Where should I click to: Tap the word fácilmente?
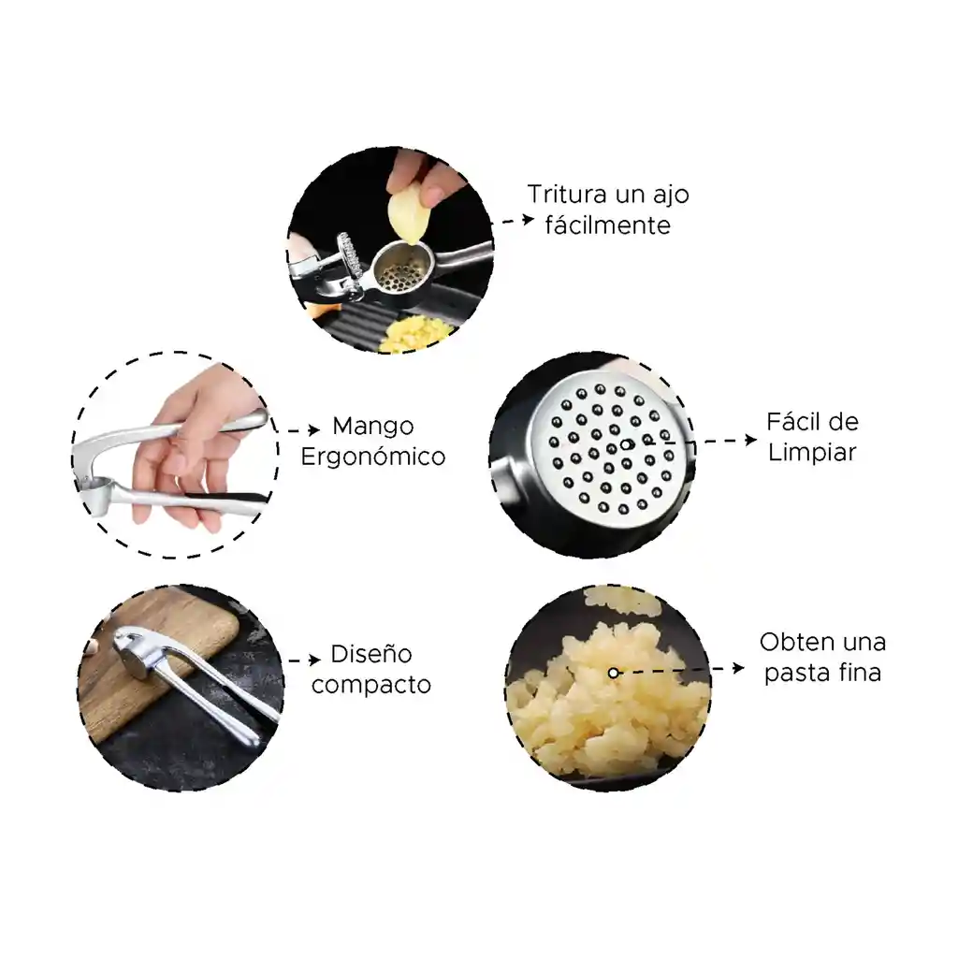tap(607, 225)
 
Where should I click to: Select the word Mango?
tap(372, 427)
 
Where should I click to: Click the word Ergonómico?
tap(372, 457)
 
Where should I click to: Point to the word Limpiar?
tap(812, 453)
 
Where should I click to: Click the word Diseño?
tap(370, 654)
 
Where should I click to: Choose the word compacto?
tap(370, 685)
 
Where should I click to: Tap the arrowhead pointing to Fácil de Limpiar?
tap(751, 440)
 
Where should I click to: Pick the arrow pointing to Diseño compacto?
tap(304, 660)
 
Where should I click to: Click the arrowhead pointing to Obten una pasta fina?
tap(738, 668)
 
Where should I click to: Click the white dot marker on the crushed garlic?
tap(614, 673)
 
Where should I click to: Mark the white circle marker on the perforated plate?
tap(626, 444)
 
